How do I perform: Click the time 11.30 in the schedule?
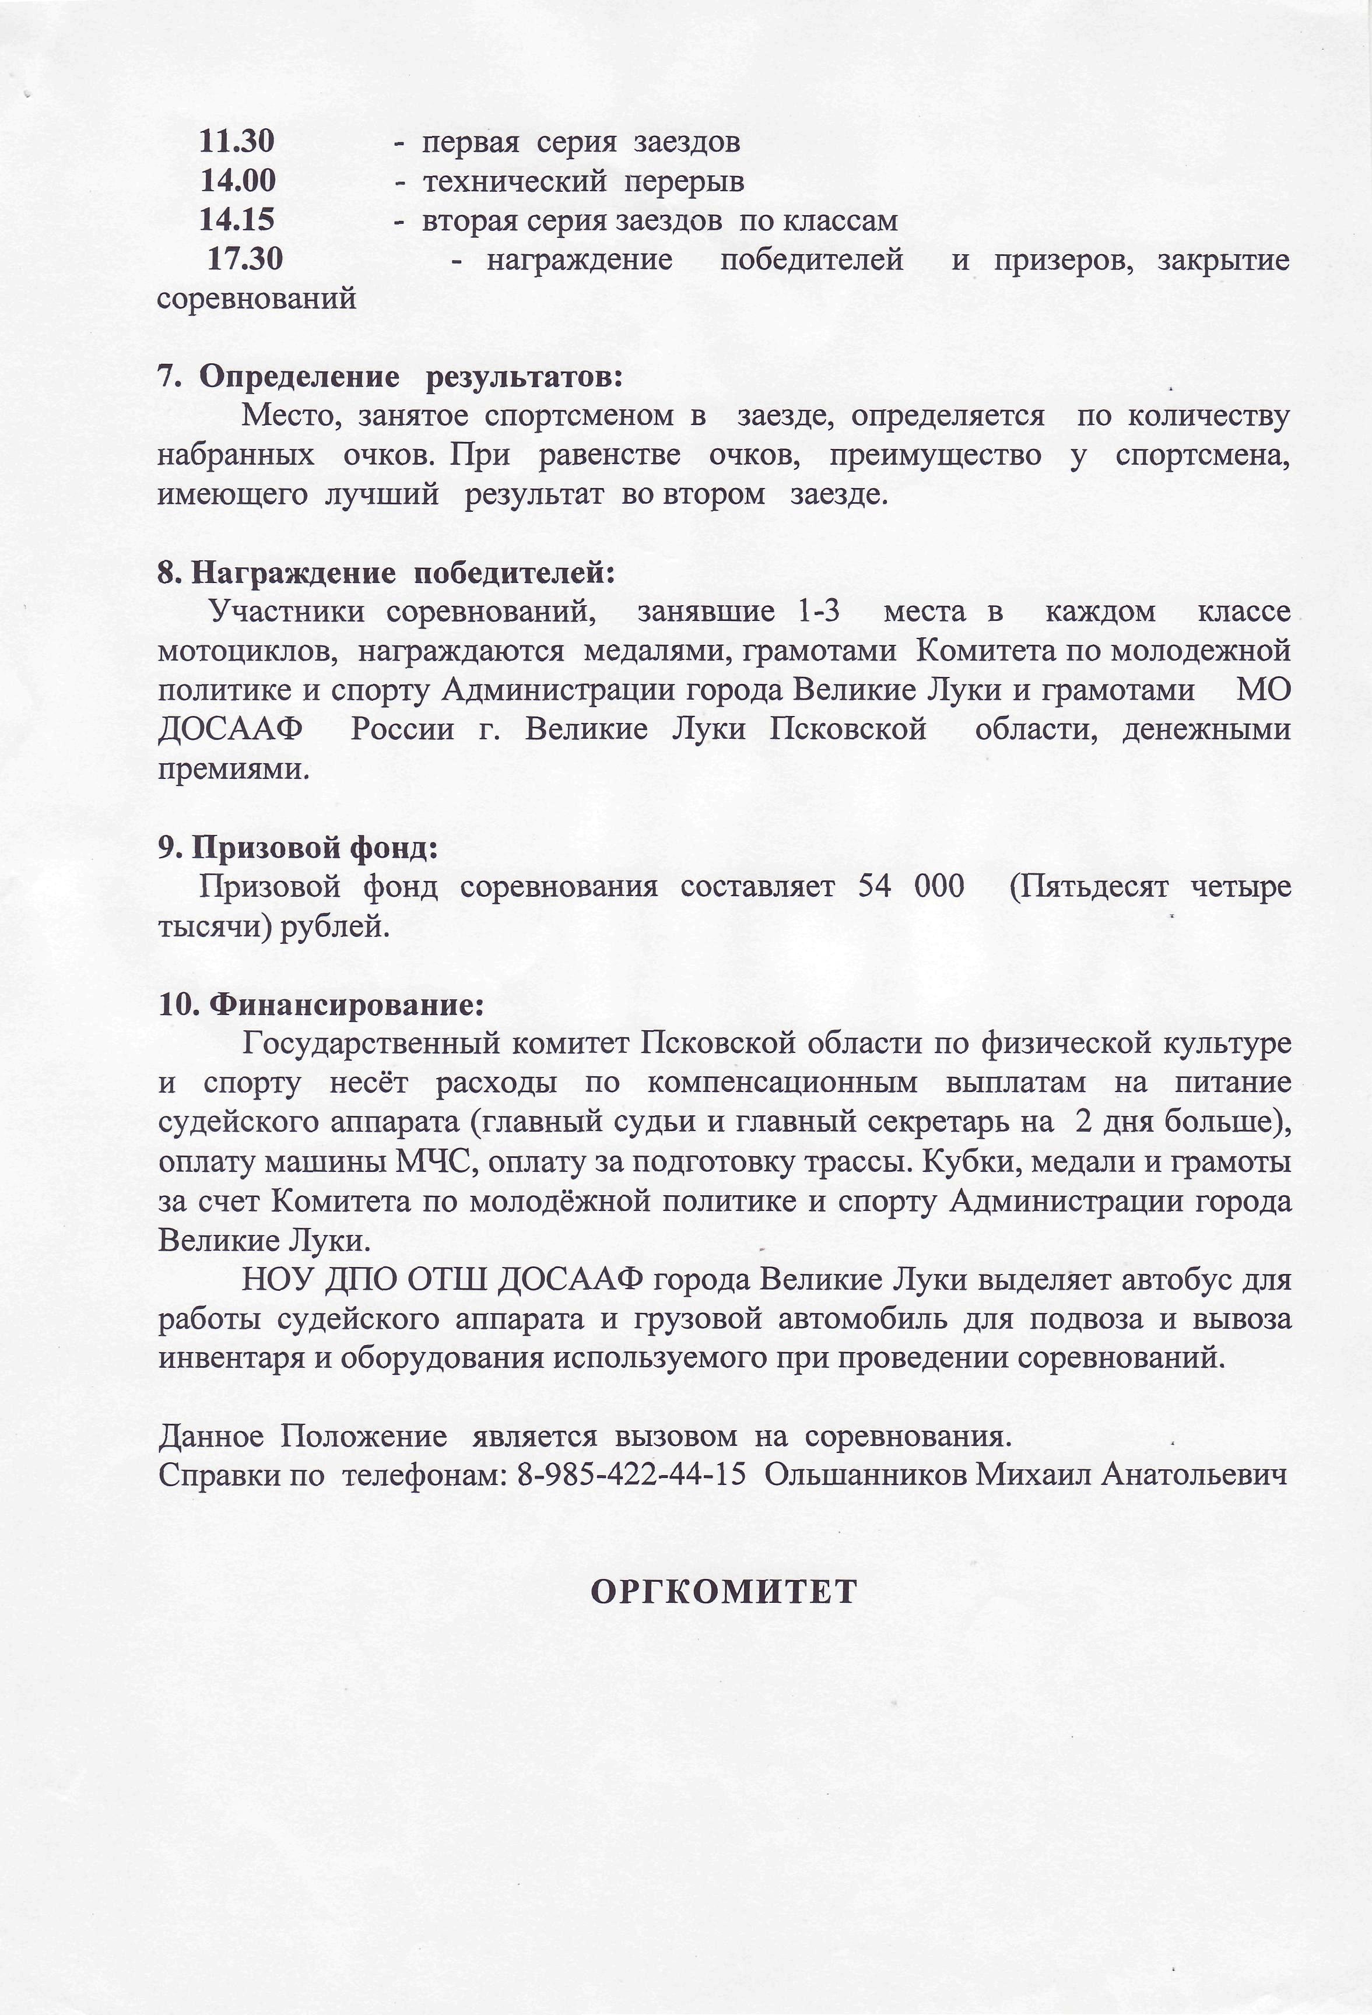coord(237,141)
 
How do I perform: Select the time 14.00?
coord(238,180)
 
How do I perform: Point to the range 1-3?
coord(817,612)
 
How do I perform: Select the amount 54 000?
coord(911,886)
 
